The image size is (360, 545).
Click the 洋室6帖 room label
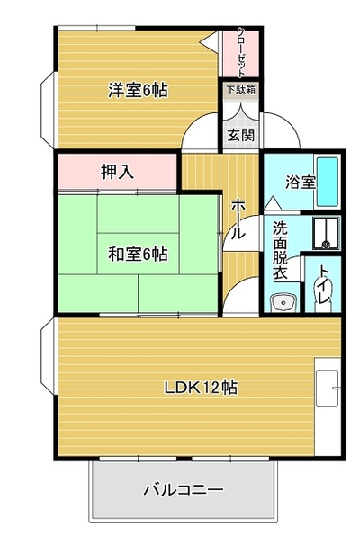pyautogui.click(x=138, y=90)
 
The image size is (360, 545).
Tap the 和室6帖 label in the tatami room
pyautogui.click(x=138, y=255)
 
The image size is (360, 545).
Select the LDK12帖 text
pyautogui.click(x=201, y=388)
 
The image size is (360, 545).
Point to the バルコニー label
pyautogui.click(x=184, y=490)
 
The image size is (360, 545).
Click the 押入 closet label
pyautogui.click(x=117, y=172)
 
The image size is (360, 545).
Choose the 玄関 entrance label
pyautogui.click(x=240, y=135)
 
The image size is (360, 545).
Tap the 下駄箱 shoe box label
pyautogui.click(x=241, y=89)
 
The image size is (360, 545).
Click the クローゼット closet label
pyautogui.click(x=240, y=53)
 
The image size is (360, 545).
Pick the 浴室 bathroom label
pyautogui.click(x=301, y=182)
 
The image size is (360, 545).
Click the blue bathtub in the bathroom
pyautogui.click(x=328, y=182)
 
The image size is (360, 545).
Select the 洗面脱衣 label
pyautogui.click(x=280, y=250)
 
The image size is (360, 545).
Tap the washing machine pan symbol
pyautogui.click(x=326, y=233)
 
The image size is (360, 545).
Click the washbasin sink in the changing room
pyautogui.click(x=283, y=302)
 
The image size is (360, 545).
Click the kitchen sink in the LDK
pyautogui.click(x=328, y=388)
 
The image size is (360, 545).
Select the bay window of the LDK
pyautogui.click(x=49, y=356)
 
